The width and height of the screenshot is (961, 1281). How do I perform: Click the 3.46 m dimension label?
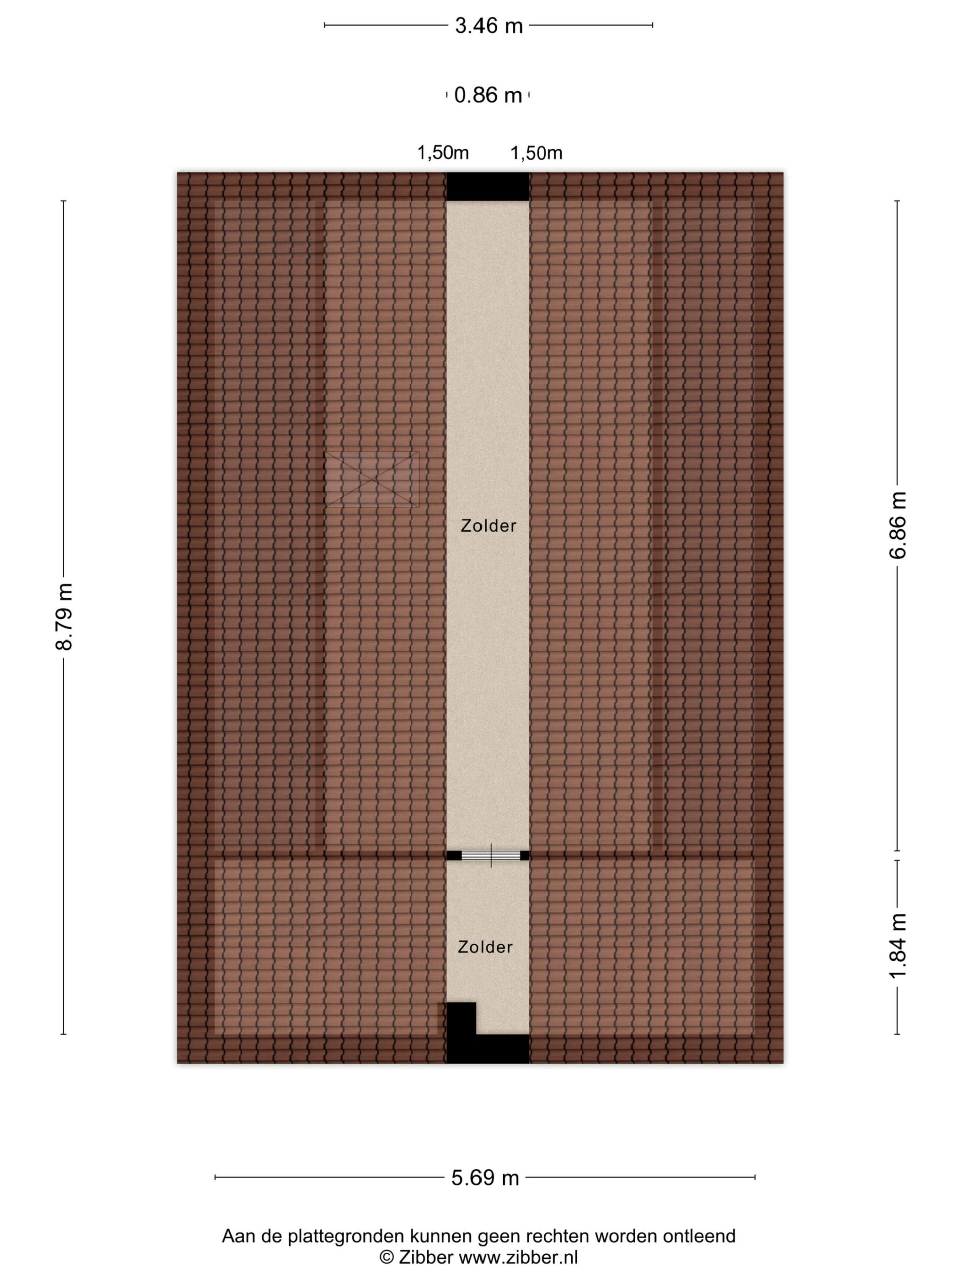pyautogui.click(x=489, y=26)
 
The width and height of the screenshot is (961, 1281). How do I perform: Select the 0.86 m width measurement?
pyautogui.click(x=488, y=95)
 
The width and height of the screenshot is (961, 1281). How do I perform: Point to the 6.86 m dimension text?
pyautogui.click(x=897, y=525)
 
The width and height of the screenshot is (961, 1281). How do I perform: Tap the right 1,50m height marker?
pyautogui.click(x=536, y=153)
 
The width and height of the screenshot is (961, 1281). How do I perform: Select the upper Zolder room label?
pyautogui.click(x=489, y=526)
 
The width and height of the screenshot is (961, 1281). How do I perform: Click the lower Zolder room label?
pyautogui.click(x=485, y=947)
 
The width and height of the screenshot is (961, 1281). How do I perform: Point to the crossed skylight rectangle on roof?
pyautogui.click(x=372, y=479)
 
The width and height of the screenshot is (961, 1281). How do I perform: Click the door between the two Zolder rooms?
pyautogui.click(x=488, y=855)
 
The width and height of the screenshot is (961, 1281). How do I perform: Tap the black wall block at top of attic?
pyautogui.click(x=488, y=187)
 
